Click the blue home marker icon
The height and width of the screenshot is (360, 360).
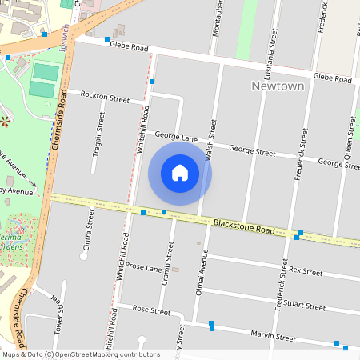tap(180, 173)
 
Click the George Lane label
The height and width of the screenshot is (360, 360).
tap(176, 138)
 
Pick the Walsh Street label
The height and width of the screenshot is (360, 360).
tap(211, 140)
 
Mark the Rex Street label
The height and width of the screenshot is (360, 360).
tap(305, 271)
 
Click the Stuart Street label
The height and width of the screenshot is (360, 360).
tap(306, 305)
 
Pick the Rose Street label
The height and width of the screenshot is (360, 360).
tap(151, 310)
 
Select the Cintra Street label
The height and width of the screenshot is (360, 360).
tap(88, 229)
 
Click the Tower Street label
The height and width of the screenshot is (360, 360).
tap(58, 316)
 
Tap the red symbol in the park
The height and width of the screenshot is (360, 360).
tap(6, 122)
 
